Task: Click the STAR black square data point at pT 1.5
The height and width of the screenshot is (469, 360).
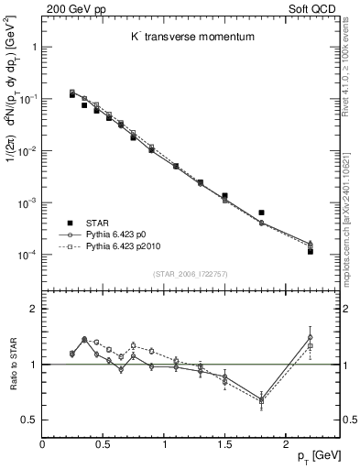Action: tap(224, 196)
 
